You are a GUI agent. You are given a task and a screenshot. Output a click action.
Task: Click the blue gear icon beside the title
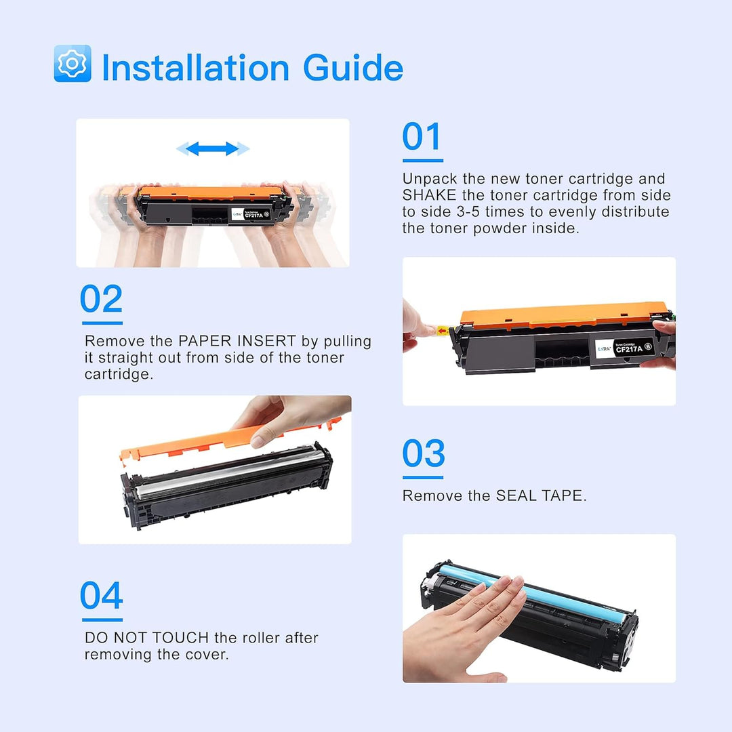(73, 64)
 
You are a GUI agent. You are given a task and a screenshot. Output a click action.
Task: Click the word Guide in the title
(353, 67)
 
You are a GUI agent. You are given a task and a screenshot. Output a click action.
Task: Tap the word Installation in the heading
(195, 67)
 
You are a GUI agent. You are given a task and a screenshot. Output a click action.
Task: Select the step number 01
(422, 136)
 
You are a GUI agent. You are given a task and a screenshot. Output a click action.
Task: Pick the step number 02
(101, 299)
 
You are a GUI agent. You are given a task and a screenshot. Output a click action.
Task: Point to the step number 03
(424, 453)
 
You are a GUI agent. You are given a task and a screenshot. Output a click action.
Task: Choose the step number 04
(101, 595)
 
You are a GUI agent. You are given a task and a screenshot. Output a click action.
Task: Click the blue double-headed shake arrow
(213, 149)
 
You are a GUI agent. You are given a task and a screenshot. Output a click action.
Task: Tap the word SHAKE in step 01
(429, 195)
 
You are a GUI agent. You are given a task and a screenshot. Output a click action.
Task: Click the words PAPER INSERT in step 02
(237, 341)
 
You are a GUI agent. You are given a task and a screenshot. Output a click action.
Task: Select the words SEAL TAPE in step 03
(540, 495)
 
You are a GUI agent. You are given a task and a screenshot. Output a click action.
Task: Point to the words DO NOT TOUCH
(146, 638)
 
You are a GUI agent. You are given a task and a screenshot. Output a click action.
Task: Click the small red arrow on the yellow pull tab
(442, 331)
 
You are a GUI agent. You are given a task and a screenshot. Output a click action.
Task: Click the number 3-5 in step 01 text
(468, 211)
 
